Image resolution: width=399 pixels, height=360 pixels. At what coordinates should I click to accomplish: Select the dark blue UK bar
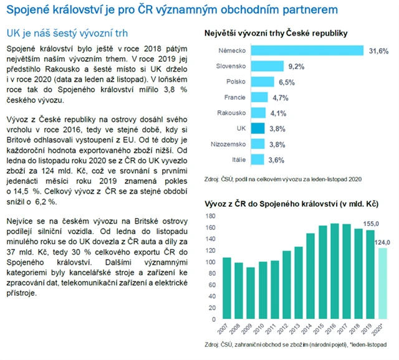[259, 128]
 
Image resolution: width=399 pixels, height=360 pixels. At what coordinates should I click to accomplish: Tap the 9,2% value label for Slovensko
[296, 65]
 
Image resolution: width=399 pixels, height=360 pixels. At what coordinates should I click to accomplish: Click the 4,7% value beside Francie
[280, 97]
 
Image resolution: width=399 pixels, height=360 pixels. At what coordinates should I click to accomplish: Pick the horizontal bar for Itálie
[258, 160]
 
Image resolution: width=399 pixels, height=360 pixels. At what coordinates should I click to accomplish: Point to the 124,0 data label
[383, 241]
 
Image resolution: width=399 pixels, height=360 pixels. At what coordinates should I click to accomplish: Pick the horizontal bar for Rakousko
[258, 113]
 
